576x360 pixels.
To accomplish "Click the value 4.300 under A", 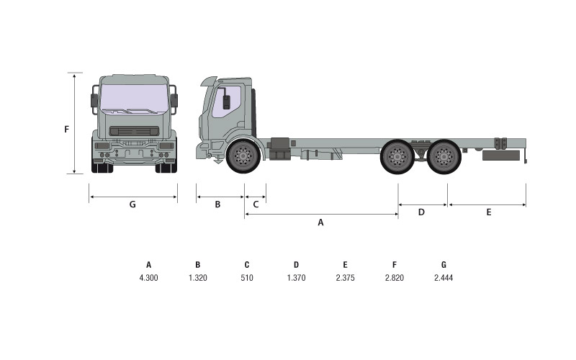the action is [x=148, y=278].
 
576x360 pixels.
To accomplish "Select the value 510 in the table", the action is [x=247, y=278].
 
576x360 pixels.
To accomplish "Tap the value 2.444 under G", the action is [x=444, y=278].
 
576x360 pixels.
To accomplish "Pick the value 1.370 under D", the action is [x=296, y=278].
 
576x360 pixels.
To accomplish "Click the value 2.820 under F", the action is [x=394, y=278].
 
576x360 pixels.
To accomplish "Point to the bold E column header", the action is [x=346, y=265].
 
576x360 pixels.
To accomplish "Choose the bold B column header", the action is [x=197, y=265].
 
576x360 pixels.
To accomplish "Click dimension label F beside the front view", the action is [x=66, y=130].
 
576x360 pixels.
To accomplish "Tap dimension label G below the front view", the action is [x=132, y=204].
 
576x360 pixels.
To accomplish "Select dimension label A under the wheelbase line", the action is [x=320, y=222].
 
